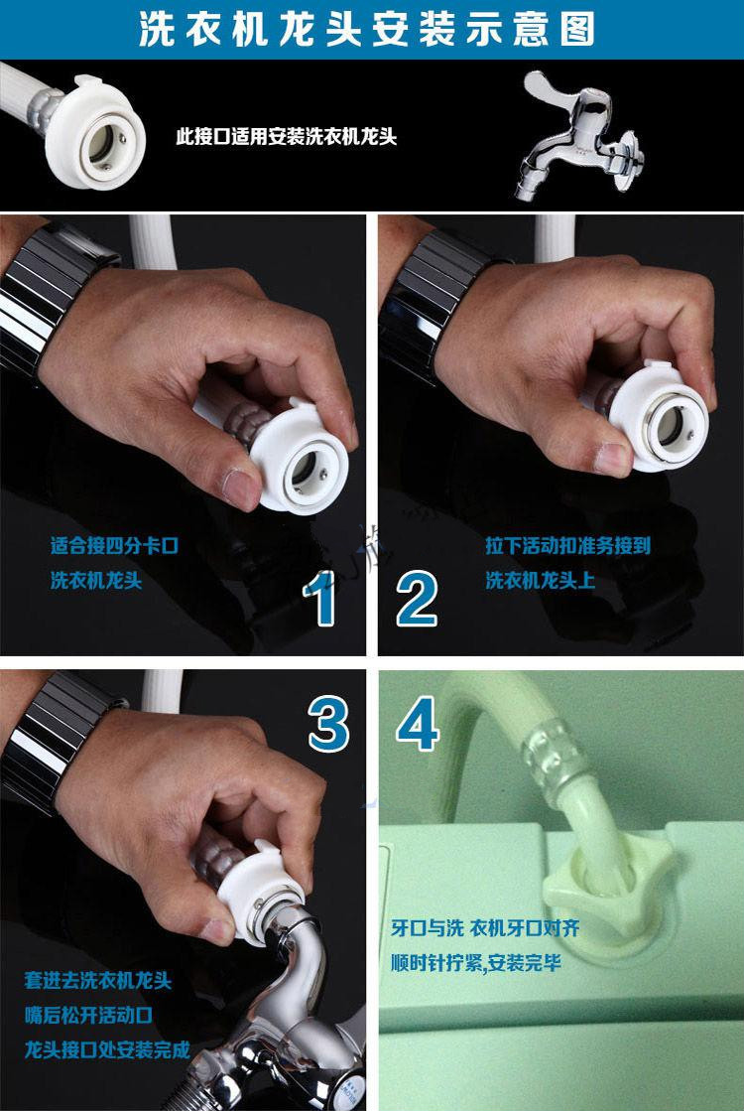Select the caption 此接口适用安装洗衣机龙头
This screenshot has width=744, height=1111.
click(x=286, y=137)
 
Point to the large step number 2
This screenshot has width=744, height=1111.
click(x=417, y=600)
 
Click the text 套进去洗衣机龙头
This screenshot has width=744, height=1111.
click(x=97, y=981)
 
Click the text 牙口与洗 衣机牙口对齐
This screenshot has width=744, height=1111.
click(x=485, y=929)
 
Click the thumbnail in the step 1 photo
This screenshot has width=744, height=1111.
click(x=238, y=486)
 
